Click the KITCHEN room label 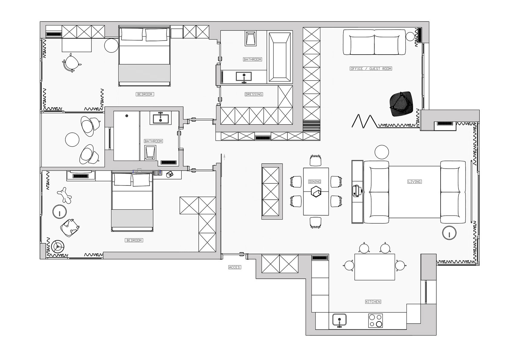pos(373,302)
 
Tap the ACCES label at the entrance pos(234,267)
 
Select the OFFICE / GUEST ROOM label pos(371,69)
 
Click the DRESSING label pos(253,95)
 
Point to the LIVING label pos(414,182)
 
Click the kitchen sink pos(339,320)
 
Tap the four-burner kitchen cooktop pos(375,321)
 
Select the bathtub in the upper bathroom pos(280,57)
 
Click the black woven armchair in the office pos(401,104)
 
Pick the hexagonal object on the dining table pos(316,192)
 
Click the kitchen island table pos(375,267)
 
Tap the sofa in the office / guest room pos(374,42)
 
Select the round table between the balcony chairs pos(72,139)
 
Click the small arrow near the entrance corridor pos(224,157)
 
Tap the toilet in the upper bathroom pos(251,38)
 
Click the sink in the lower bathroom pos(160,118)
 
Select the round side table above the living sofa pos(382,152)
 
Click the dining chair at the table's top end pos(315,161)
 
